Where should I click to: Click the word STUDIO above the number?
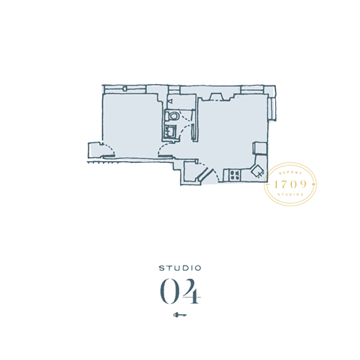coord(180,267)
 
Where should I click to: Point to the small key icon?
coord(180,315)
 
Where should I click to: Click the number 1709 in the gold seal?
coord(292,184)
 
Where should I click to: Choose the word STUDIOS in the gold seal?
coord(292,196)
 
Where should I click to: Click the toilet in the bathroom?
coord(172,116)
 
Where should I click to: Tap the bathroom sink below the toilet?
coord(170,132)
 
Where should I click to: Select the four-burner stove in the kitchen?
coord(233,175)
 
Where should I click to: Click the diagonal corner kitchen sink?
coord(257,170)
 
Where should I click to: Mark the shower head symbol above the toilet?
coord(171,100)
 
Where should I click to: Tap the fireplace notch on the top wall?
coord(215,94)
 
